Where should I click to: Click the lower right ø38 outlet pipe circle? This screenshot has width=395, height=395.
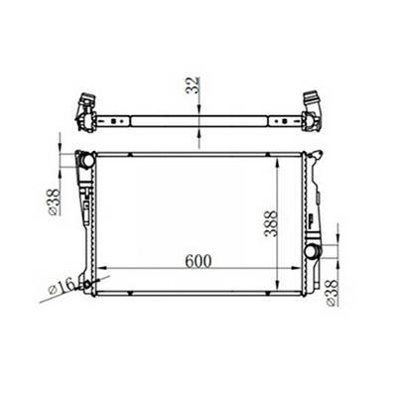pyautogui.click(x=310, y=252)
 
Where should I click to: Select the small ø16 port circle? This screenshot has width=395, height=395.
pyautogui.click(x=90, y=284)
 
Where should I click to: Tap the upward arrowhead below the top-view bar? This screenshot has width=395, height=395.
pyautogui.click(x=201, y=133)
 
